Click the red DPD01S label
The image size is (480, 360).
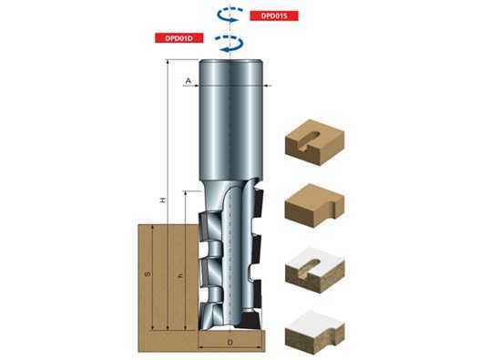pos(274,15)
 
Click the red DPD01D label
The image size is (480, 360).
pos(179,37)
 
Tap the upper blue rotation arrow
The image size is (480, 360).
pos(230,15)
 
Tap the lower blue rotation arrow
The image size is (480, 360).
pos(230,43)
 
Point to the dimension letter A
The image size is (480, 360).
pos(189,80)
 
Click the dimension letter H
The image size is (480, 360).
pos(163,201)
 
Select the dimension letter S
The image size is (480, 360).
pos(148,273)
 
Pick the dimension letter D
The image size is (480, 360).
pos(230,343)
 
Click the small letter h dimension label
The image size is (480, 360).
pos(180,276)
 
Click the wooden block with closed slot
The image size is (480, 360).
pos(315,142)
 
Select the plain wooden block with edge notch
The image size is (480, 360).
pos(315,205)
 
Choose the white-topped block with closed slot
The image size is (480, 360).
pos(315,271)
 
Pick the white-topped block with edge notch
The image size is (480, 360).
pos(315,333)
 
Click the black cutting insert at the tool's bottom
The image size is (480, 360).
pos(250,319)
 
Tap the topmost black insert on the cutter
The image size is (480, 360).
pos(258,201)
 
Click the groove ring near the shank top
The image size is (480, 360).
pos(230,85)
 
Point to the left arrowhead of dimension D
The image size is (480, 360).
pos(201,347)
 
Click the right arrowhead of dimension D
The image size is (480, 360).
pos(260,347)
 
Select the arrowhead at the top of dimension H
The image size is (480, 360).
pos(168,62)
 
